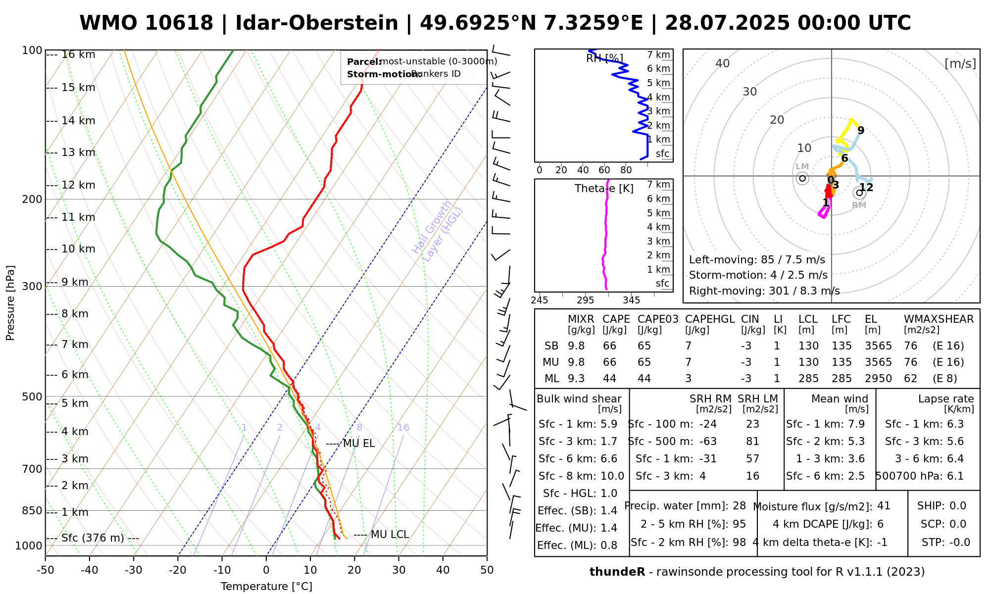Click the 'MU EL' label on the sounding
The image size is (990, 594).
[359, 444]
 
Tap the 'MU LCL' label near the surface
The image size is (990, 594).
[390, 535]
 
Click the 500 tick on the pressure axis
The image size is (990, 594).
[32, 397]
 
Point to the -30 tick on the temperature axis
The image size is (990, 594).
[134, 570]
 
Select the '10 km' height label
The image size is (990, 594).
[78, 249]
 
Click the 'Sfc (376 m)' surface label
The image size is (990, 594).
[93, 538]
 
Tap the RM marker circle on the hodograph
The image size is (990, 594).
[859, 193]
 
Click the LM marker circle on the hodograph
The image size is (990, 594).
[802, 178]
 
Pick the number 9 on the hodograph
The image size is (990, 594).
[861, 131]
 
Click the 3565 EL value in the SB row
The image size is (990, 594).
[878, 346]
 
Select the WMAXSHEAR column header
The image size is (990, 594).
[939, 319]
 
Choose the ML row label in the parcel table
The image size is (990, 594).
[552, 379]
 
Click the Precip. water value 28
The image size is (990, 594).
[739, 506]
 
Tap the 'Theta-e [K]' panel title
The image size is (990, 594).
[604, 189]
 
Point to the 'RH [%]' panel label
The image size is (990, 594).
[604, 58]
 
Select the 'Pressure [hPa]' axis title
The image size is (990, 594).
[10, 303]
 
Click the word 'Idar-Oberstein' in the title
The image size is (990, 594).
[317, 23]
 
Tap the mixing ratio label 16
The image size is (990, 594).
[403, 428]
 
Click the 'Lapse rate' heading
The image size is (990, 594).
[946, 399]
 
